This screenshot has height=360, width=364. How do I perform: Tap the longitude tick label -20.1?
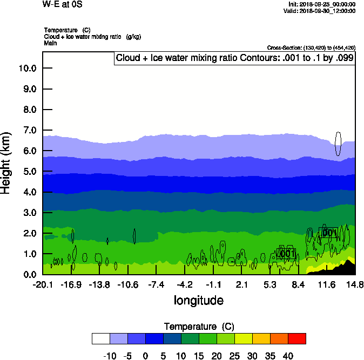tap(43, 284)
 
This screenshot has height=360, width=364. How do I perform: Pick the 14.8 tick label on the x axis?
tap(355, 284)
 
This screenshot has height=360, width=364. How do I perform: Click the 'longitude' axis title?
tap(198, 300)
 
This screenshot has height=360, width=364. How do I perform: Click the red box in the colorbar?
tap(296, 338)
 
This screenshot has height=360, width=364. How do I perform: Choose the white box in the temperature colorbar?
tap(101, 338)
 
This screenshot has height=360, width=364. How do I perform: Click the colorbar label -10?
tap(110, 356)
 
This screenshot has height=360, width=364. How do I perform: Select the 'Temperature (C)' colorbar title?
tap(198, 327)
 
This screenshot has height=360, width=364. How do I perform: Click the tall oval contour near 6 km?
tap(338, 144)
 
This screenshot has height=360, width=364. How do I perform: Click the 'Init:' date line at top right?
tap(322, 4)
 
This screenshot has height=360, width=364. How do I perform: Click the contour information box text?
tap(234, 58)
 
